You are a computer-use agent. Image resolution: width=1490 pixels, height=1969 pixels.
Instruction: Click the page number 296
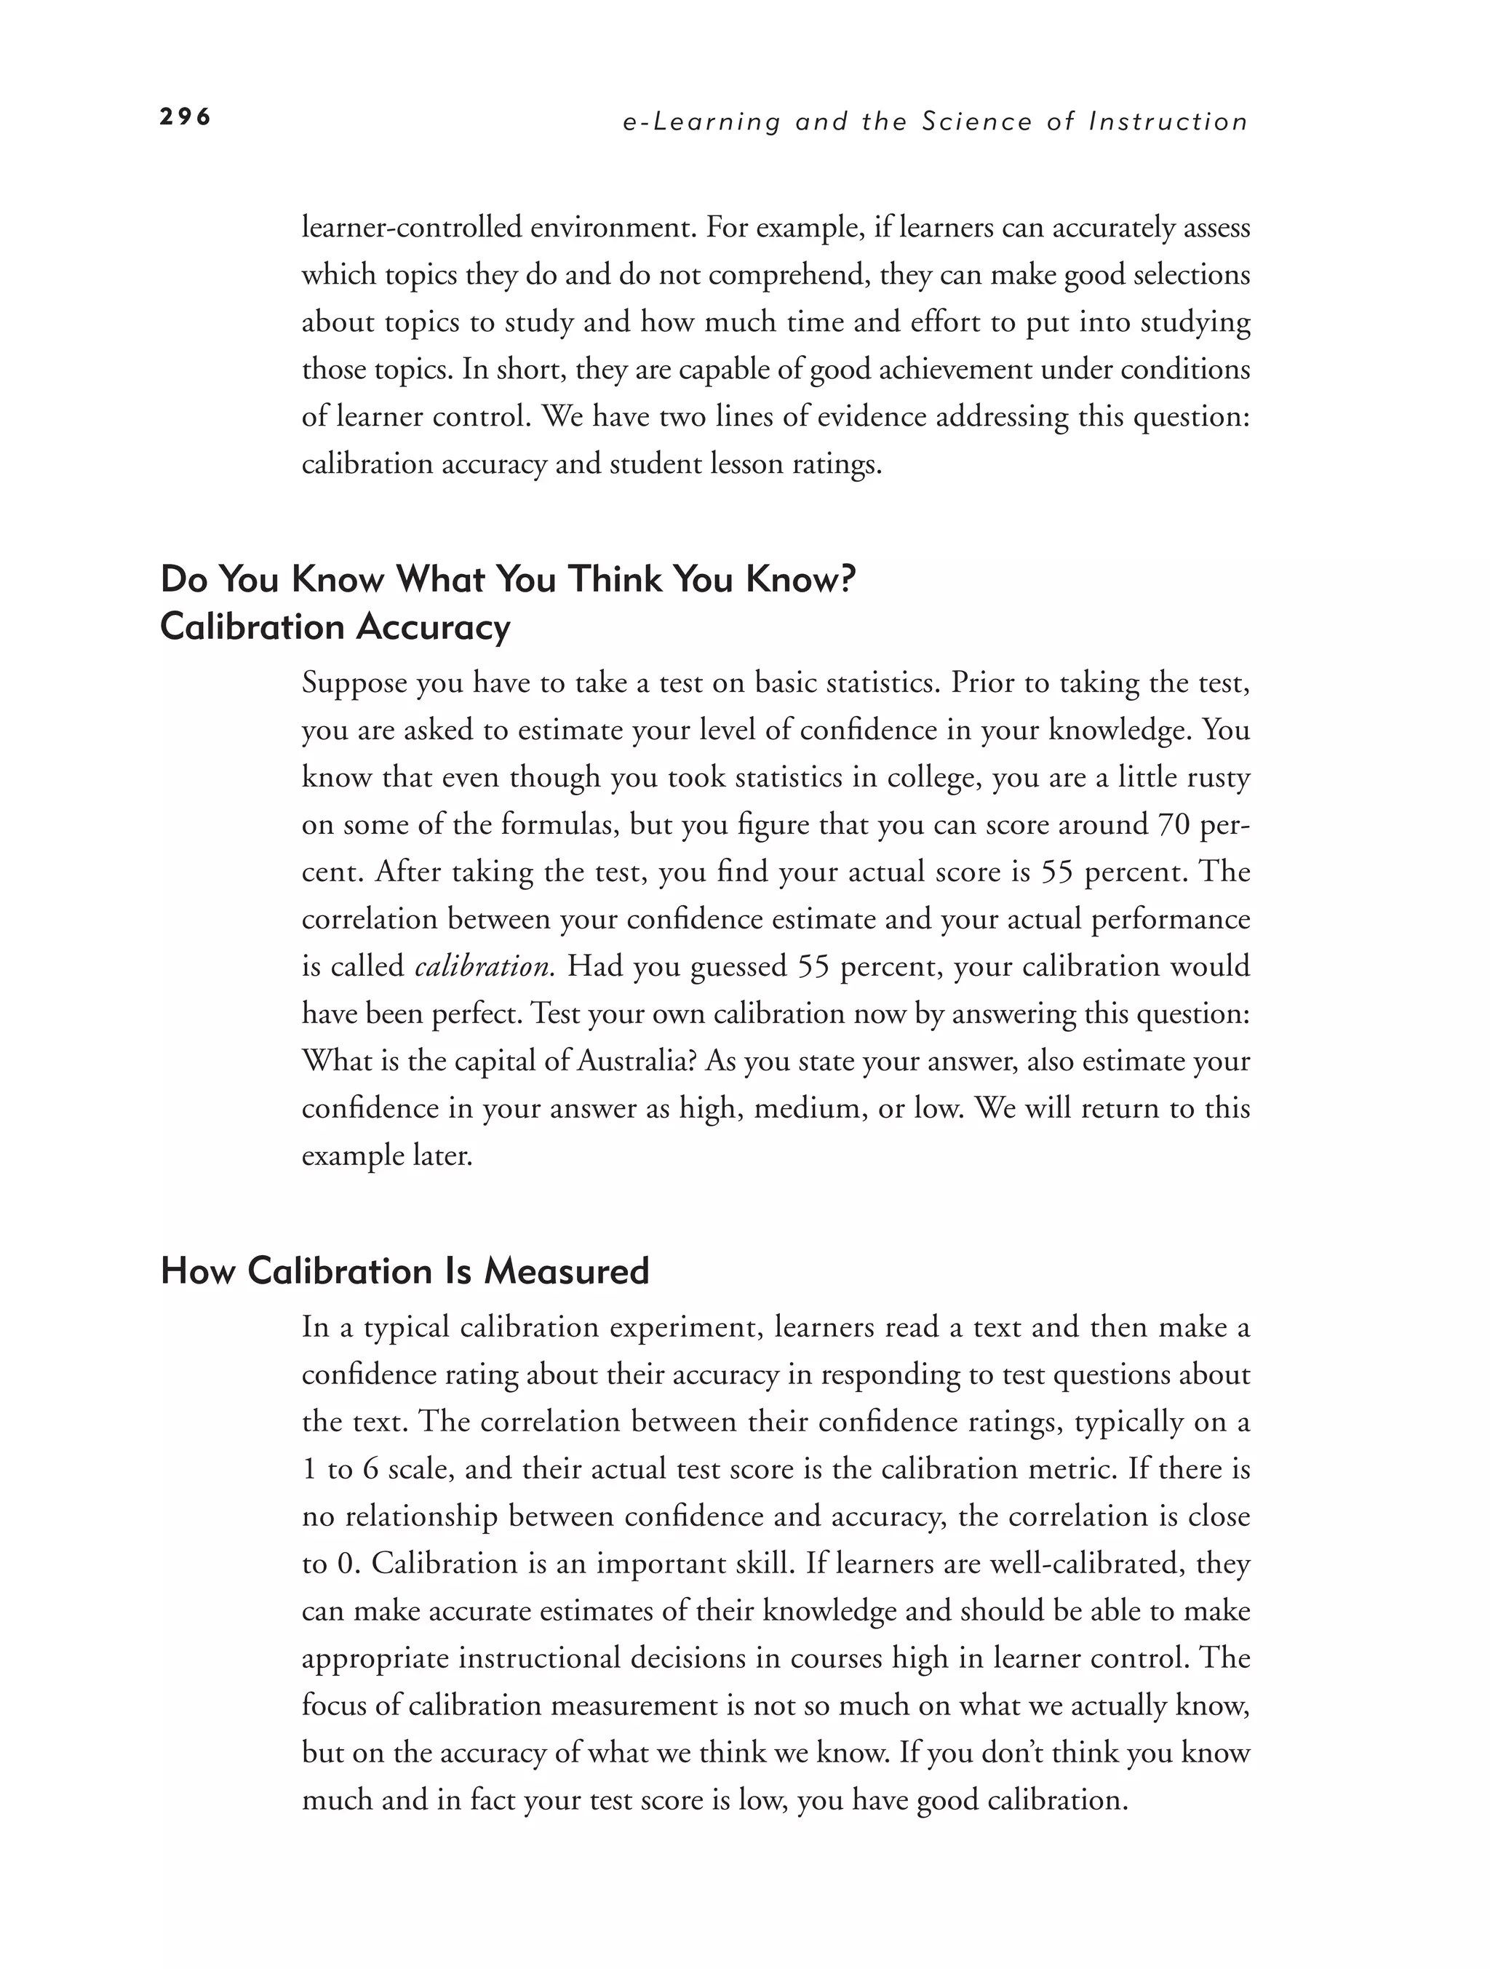coord(185,116)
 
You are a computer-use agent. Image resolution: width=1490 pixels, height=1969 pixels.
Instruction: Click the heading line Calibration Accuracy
coord(335,627)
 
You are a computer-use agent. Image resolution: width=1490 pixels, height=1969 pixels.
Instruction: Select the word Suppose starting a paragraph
coord(354,684)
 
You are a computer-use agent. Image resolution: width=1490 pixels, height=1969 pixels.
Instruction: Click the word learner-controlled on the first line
coord(411,228)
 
